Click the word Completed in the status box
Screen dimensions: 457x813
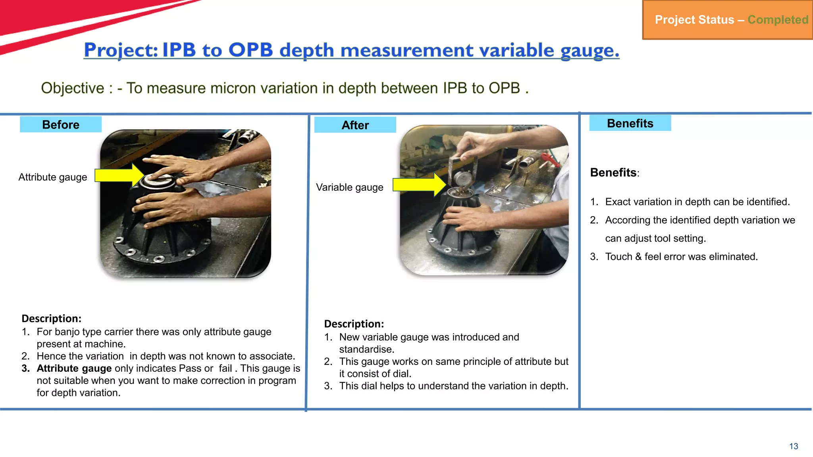(x=778, y=19)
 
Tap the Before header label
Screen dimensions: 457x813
(x=61, y=125)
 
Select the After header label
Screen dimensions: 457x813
(x=355, y=125)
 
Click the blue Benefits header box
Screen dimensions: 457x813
(x=630, y=123)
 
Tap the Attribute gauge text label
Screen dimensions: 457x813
(x=53, y=177)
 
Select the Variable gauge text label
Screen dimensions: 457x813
(x=349, y=187)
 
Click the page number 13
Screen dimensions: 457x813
(x=793, y=446)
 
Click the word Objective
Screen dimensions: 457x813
(x=73, y=88)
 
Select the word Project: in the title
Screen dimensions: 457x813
(x=121, y=50)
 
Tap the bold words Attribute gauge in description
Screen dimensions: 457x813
(x=74, y=369)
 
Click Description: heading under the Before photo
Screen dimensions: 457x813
(x=51, y=319)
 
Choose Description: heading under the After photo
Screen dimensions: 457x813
(x=354, y=324)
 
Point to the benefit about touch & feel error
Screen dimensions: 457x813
(x=681, y=257)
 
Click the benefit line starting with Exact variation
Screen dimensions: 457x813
(x=697, y=202)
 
